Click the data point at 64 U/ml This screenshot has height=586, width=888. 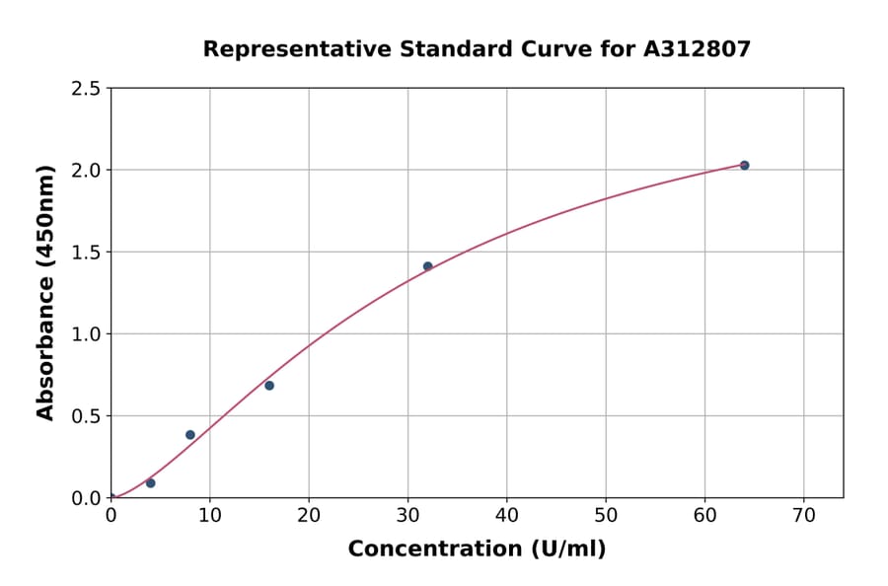(744, 165)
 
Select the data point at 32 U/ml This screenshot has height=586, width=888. (427, 266)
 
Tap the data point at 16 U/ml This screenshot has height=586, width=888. (269, 385)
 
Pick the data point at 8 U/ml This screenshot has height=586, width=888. (190, 434)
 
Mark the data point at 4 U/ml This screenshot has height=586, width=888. (150, 482)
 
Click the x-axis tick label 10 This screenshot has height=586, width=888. (209, 515)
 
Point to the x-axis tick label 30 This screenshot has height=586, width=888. (407, 515)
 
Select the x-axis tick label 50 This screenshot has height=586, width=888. (606, 515)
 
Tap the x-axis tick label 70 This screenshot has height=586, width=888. (803, 515)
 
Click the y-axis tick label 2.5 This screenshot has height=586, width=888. (85, 89)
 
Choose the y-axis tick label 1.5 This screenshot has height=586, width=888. (85, 253)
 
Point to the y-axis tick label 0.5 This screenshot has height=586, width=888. (85, 416)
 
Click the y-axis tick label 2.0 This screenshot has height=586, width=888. (85, 171)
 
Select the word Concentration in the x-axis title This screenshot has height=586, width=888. (434, 549)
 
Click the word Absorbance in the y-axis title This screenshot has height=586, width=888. (45, 350)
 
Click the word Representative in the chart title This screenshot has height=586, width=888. (284, 48)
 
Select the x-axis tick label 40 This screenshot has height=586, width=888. (506, 515)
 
